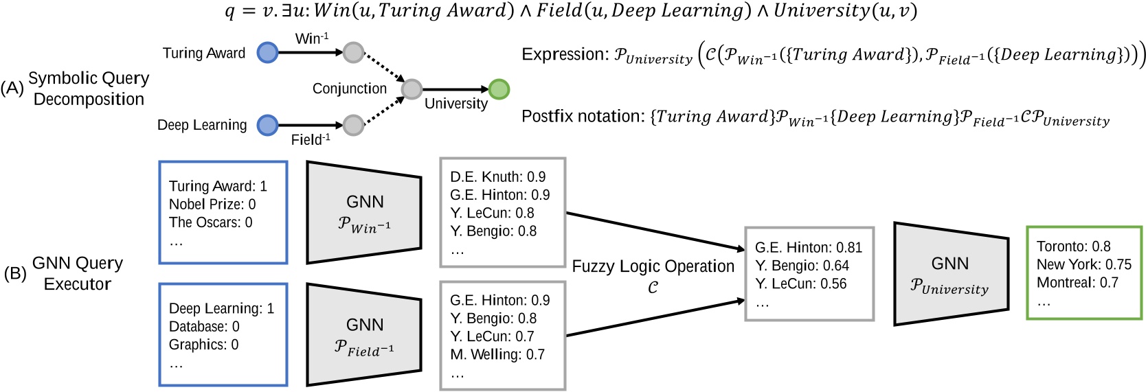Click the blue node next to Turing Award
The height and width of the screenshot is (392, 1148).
tap(267, 52)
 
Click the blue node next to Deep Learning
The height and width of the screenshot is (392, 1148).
tap(267, 125)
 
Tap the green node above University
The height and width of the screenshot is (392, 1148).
tap(499, 89)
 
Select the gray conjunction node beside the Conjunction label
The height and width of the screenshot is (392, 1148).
tap(412, 89)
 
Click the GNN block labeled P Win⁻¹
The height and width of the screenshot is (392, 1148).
tap(364, 213)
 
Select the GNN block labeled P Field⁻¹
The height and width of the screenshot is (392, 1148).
tap(364, 335)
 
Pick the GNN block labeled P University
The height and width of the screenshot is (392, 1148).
tap(950, 274)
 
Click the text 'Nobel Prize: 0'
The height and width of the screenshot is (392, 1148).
tap(212, 205)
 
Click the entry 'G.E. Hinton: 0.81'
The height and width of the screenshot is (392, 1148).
tap(808, 248)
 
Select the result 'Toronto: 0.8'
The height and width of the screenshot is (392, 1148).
tap(1073, 246)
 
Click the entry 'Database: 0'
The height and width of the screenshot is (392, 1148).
tap(204, 327)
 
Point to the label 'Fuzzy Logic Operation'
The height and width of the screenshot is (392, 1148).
tap(653, 266)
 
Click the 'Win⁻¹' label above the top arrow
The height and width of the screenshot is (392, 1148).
tap(312, 38)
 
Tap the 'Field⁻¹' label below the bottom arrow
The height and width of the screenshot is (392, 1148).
tap(311, 139)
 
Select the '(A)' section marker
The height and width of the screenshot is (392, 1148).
tap(12, 88)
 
